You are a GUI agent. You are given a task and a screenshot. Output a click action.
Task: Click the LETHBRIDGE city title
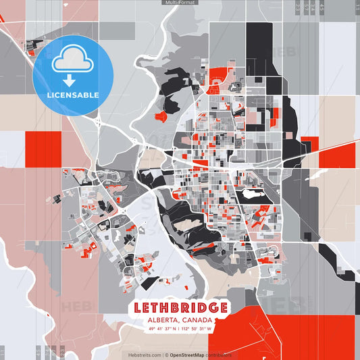pos(180,307)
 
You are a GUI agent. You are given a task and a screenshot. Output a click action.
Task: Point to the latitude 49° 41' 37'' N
pos(163,329)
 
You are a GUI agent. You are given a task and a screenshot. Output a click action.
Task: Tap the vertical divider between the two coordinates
pos(180,329)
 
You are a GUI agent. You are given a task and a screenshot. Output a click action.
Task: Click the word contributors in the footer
pos(219,355)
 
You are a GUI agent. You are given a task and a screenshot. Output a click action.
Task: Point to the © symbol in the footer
pos(167,355)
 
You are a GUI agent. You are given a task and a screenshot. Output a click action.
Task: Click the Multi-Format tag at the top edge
pos(180,3)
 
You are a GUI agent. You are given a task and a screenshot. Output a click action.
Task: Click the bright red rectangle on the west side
pos(43,147)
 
